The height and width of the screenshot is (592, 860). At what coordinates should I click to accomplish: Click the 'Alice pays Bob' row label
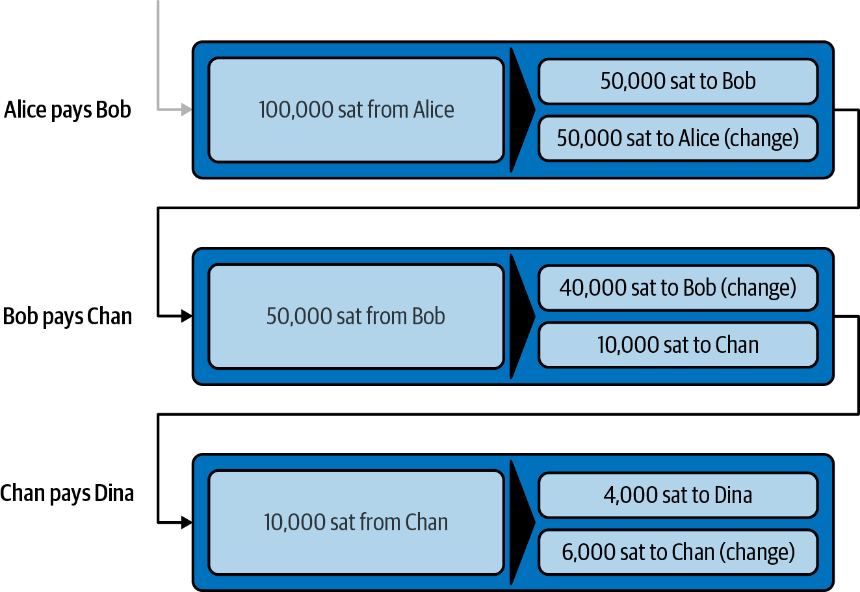tap(68, 110)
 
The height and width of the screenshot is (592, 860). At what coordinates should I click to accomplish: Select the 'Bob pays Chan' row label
tap(68, 316)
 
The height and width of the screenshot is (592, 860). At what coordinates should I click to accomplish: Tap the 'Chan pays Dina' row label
tap(67, 493)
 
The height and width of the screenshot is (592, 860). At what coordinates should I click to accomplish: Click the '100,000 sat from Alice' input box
tap(356, 110)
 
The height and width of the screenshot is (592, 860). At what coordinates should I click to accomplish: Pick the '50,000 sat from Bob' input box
tap(356, 316)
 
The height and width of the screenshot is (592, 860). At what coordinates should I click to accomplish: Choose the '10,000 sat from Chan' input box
tap(356, 522)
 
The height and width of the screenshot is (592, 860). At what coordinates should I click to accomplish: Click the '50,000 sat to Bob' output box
tap(677, 81)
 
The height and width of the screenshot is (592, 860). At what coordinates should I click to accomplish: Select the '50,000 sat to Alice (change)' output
tap(677, 138)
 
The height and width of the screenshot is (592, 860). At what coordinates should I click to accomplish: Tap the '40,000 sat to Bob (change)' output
tap(677, 287)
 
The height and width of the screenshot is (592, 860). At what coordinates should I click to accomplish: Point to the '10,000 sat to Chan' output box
tap(677, 344)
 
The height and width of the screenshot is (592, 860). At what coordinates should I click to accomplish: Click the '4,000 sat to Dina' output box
tap(677, 495)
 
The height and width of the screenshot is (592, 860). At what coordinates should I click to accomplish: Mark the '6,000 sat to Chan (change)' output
tap(677, 552)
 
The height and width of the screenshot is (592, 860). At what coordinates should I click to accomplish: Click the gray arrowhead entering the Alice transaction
tap(187, 110)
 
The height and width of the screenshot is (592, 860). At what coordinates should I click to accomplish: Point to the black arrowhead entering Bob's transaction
tap(187, 316)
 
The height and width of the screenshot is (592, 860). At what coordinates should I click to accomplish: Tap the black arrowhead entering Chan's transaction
tap(187, 522)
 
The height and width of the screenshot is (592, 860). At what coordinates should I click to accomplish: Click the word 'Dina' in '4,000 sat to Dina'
tap(733, 495)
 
